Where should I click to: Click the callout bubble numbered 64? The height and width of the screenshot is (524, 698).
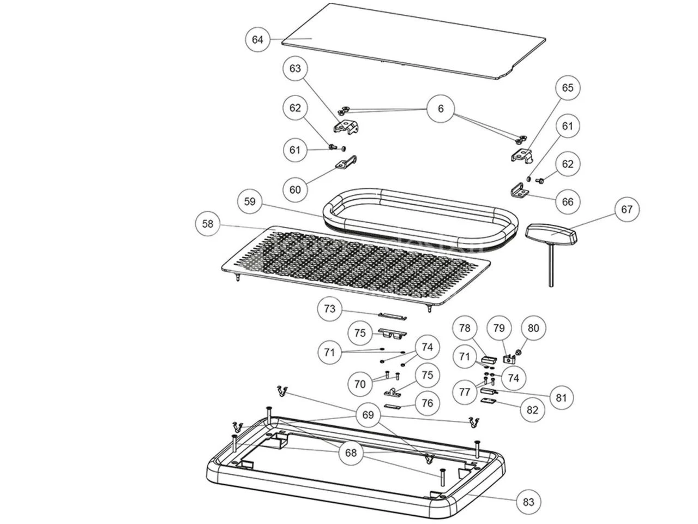tap(257, 40)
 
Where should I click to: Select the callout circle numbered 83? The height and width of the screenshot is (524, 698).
tap(528, 502)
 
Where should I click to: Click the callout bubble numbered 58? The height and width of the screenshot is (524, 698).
tap(208, 224)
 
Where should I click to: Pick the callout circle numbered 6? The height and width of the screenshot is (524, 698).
tap(441, 109)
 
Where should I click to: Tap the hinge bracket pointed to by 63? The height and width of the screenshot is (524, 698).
tap(345, 127)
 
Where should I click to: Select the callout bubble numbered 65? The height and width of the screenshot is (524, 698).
tap(568, 88)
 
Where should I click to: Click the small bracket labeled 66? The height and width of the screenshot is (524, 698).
tap(520, 192)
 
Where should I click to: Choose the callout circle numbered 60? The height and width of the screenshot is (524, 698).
tap(295, 189)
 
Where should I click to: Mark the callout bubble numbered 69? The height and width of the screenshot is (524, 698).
tap(368, 415)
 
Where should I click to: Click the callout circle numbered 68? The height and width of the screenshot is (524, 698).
tap(350, 452)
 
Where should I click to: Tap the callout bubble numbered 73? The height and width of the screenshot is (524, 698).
tap(329, 309)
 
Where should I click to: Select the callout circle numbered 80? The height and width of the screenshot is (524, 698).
tap(533, 328)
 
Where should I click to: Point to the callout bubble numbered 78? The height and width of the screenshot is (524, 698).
tap(465, 328)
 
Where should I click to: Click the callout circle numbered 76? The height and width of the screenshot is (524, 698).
tap(428, 403)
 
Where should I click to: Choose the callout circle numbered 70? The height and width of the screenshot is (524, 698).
tap(360, 384)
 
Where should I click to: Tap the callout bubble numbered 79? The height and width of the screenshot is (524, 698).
tap(499, 328)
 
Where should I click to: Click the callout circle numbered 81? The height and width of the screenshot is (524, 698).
tap(561, 398)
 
